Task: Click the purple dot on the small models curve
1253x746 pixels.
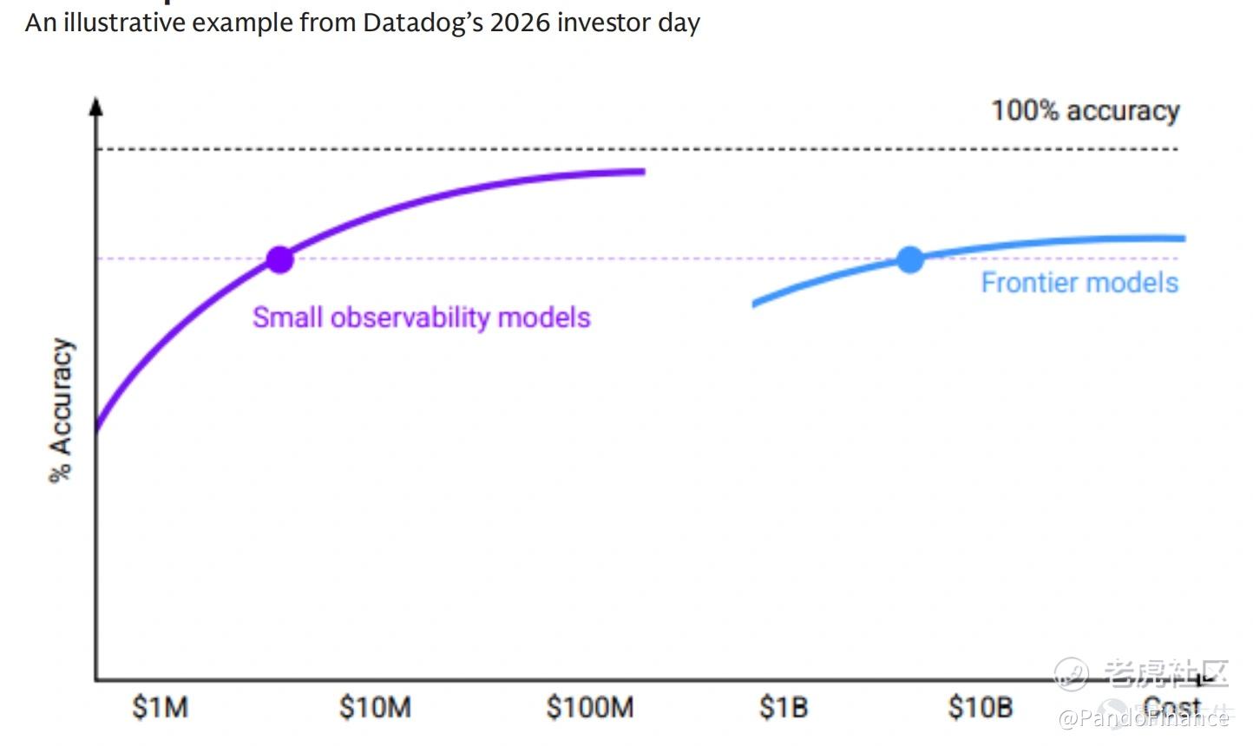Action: click(x=279, y=259)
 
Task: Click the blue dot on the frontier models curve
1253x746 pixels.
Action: click(x=910, y=259)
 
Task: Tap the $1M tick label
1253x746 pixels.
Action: click(x=161, y=707)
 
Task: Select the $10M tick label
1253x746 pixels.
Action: click(x=375, y=707)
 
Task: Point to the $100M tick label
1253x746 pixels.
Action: click(x=590, y=707)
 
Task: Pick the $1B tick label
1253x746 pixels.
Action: click(x=784, y=707)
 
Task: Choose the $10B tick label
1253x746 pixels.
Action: click(x=981, y=707)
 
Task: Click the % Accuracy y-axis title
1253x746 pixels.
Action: click(x=61, y=410)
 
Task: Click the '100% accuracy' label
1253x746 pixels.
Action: click(x=1086, y=111)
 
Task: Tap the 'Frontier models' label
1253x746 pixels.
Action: click(x=1079, y=283)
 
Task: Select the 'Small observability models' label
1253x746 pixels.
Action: click(x=421, y=317)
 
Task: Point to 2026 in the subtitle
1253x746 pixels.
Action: click(x=520, y=23)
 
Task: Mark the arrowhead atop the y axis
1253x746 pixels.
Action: click(x=96, y=106)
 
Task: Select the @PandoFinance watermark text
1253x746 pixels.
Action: click(x=1145, y=717)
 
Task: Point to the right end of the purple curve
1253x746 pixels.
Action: click(x=643, y=172)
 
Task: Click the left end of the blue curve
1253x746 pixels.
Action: click(x=754, y=304)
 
